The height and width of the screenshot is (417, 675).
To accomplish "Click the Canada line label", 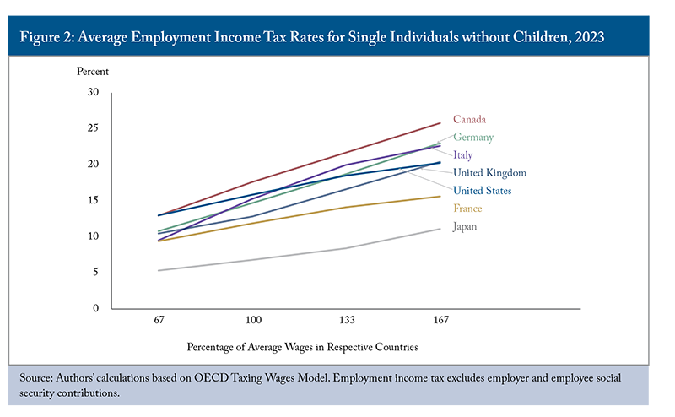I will pyautogui.click(x=469, y=120).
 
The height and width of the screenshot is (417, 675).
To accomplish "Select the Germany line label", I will pyautogui.click(x=473, y=138).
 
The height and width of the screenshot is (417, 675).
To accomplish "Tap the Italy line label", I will pyautogui.click(x=462, y=155).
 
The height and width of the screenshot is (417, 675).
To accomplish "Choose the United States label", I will pyautogui.click(x=482, y=191).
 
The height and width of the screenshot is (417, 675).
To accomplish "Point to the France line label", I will pyautogui.click(x=467, y=208).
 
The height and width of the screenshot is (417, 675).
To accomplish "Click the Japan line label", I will pyautogui.click(x=467, y=226).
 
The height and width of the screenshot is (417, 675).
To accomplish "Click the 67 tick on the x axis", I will pyautogui.click(x=158, y=321).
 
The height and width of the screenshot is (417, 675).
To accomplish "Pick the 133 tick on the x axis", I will pyautogui.click(x=346, y=321).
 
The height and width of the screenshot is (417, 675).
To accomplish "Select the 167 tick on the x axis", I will pyautogui.click(x=440, y=321).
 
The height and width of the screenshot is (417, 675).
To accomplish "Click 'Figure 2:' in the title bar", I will pyautogui.click(x=51, y=38).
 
